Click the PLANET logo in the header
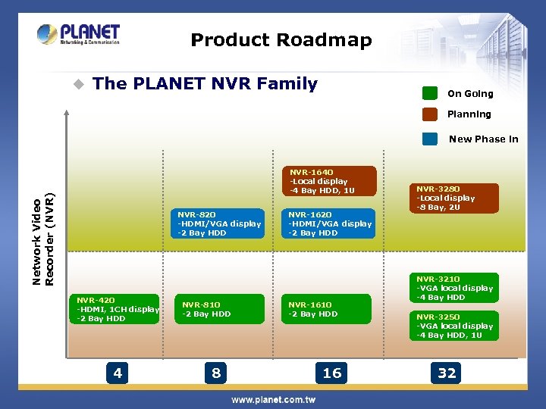point(79,35)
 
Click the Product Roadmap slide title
point(281,40)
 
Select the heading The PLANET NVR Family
point(205,84)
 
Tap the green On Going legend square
point(430,93)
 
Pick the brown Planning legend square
point(430,114)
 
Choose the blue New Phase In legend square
point(430,139)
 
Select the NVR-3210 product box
point(455,288)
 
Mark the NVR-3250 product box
point(455,326)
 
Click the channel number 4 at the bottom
point(118,373)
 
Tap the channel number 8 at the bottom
point(216,373)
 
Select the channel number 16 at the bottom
point(332,373)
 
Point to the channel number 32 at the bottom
point(447,373)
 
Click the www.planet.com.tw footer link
point(273,399)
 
